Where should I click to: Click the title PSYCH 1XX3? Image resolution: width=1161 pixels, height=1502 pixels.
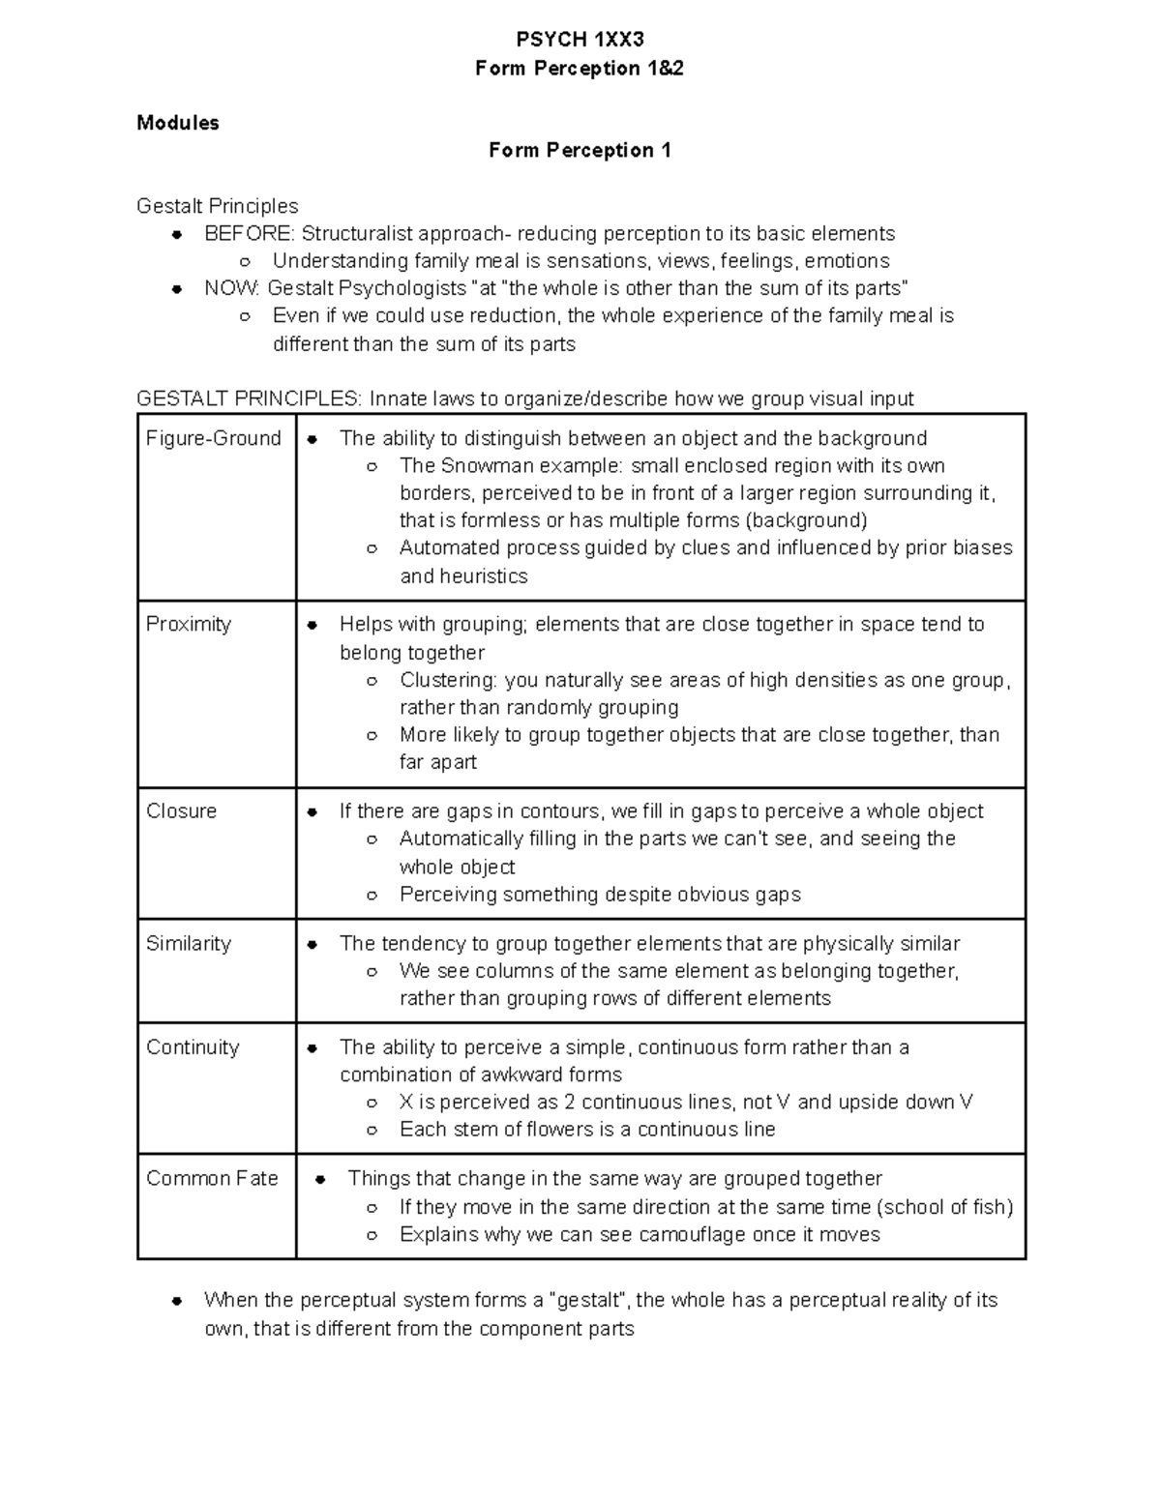click(x=580, y=40)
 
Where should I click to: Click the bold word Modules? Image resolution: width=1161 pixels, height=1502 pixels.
click(x=177, y=123)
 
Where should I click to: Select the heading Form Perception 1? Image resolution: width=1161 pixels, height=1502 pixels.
click(x=580, y=150)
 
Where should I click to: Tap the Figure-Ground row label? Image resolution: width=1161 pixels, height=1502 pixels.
click(x=213, y=438)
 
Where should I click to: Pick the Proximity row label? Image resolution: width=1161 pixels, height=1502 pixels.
click(x=188, y=624)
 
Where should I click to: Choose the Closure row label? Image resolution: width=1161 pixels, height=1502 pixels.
click(x=181, y=810)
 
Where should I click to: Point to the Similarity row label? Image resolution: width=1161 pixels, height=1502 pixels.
click(x=188, y=943)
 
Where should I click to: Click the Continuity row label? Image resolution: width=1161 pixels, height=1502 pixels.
click(x=192, y=1046)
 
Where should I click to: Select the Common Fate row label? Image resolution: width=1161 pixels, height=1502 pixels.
click(x=211, y=1178)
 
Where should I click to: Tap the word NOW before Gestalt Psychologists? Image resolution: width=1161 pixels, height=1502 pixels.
click(x=230, y=288)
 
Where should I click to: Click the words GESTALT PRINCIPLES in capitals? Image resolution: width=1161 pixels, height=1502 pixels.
click(x=248, y=398)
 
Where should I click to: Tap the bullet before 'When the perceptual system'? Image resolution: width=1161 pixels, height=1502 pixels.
click(x=177, y=1301)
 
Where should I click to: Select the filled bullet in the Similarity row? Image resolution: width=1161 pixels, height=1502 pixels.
click(x=313, y=944)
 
